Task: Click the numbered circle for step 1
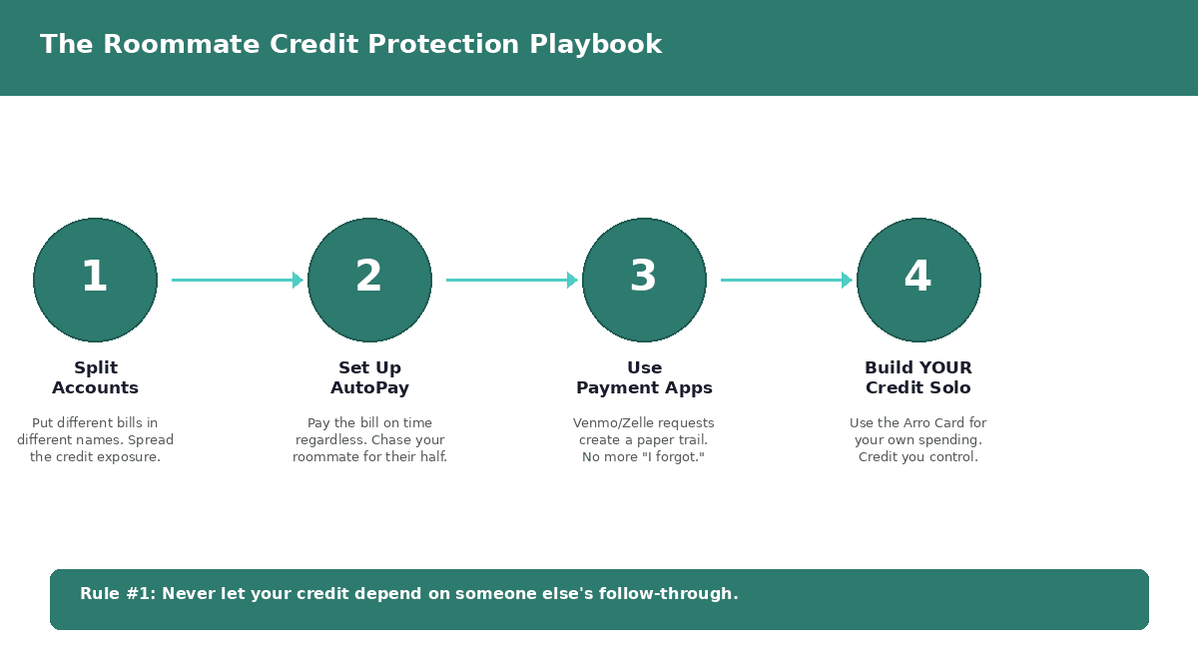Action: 95,280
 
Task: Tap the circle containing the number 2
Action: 369,280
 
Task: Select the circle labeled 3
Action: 644,280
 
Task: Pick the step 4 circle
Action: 918,280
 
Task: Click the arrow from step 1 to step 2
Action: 238,280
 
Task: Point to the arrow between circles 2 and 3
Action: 512,280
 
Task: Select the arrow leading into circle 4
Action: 787,280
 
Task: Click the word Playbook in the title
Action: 595,44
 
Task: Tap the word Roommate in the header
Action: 182,44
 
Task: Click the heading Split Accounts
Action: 95,377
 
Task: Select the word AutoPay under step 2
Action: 369,387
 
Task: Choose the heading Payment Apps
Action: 644,387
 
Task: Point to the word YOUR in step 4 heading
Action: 946,368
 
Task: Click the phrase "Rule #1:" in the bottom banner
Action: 118,594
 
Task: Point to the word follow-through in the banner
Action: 668,594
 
